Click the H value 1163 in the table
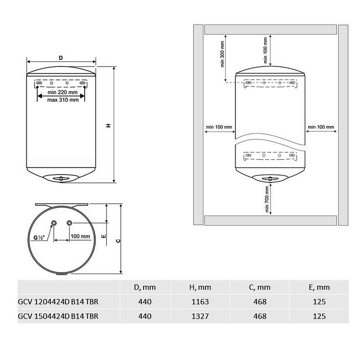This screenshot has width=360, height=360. [x=200, y=302]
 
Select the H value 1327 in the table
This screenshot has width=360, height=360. [x=200, y=316]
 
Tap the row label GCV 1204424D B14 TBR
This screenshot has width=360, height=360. [x=58, y=302]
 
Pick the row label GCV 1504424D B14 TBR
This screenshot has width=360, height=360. [x=58, y=316]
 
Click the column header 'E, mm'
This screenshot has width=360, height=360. [x=319, y=287]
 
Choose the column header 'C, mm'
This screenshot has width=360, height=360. [x=260, y=287]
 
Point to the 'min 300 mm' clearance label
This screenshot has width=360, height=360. [x=222, y=54]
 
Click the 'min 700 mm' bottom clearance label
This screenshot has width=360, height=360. [x=267, y=199]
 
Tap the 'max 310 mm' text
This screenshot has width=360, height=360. [x=63, y=100]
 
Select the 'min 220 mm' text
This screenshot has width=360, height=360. [x=62, y=93]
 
